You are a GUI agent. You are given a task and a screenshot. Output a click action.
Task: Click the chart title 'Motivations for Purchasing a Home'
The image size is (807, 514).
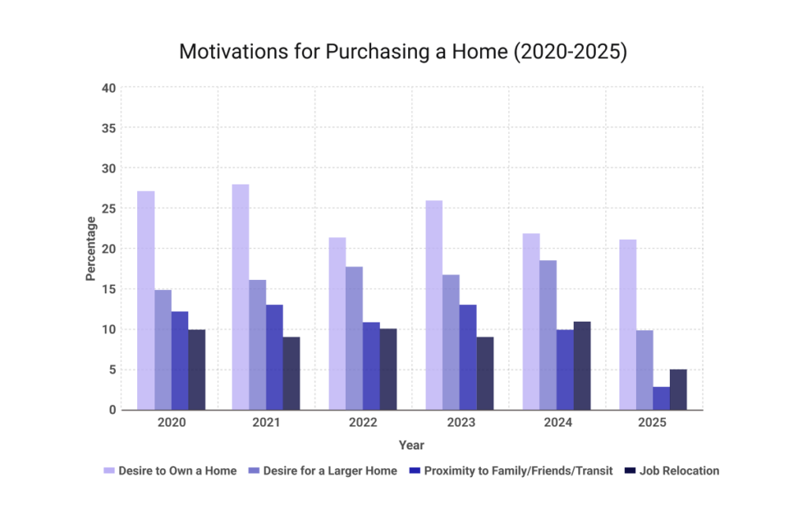tap(403, 52)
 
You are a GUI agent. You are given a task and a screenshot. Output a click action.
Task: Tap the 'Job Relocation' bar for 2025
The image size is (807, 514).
tap(679, 389)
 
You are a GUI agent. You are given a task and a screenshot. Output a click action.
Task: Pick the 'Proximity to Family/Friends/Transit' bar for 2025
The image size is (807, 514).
tap(661, 398)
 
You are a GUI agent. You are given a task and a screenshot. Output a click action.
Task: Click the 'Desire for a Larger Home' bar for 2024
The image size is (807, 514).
tap(548, 335)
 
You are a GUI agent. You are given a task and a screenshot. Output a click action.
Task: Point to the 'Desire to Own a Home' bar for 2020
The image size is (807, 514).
tap(146, 300)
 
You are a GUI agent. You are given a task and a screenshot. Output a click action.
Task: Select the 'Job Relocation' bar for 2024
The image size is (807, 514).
tap(582, 366)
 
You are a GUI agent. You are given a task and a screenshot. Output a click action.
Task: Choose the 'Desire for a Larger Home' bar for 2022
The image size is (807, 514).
tap(355, 338)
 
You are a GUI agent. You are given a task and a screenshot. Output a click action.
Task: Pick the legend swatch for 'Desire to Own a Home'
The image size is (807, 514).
tap(110, 471)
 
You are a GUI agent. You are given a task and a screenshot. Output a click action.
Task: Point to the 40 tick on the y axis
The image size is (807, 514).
tap(109, 88)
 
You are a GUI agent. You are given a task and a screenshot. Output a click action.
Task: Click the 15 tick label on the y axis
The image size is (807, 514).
tap(109, 289)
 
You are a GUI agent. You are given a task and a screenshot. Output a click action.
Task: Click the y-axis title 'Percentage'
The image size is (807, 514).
tap(91, 249)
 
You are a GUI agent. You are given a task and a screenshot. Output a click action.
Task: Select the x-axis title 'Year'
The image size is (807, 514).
tap(411, 445)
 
